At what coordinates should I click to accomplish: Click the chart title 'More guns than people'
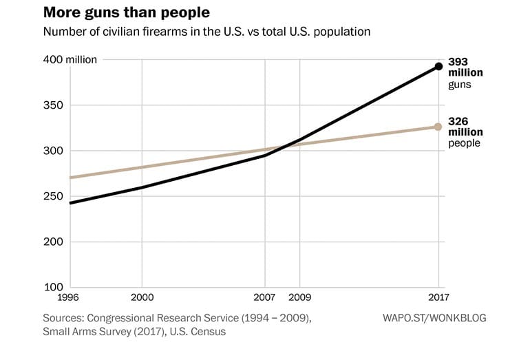(126, 13)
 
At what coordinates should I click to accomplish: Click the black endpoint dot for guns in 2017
(438, 67)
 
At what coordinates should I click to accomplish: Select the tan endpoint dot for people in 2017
(438, 127)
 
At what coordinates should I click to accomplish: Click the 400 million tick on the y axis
(72, 60)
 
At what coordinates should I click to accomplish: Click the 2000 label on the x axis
(142, 299)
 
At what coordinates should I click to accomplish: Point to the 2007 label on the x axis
(265, 299)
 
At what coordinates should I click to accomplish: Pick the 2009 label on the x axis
(300, 299)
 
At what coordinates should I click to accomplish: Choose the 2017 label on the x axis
(438, 299)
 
